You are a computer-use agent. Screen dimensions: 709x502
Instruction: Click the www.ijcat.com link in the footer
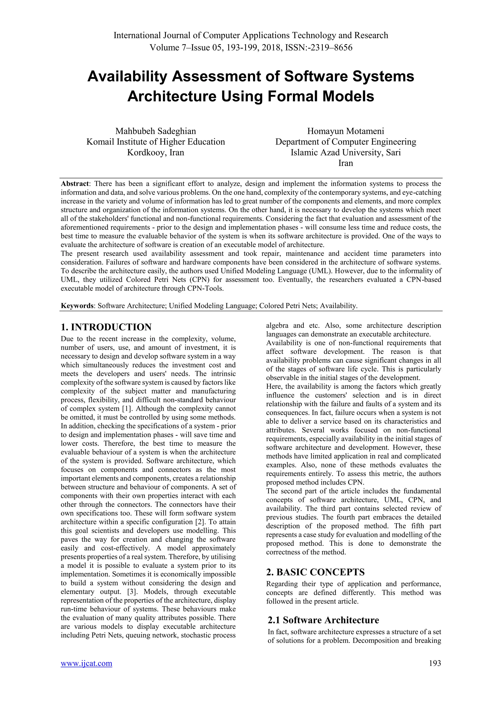click(x=86, y=663)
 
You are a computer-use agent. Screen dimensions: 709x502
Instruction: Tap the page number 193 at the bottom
click(x=435, y=663)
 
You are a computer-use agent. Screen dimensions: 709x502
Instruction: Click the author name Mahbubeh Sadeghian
click(x=155, y=131)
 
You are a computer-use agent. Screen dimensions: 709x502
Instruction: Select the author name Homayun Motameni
click(x=345, y=131)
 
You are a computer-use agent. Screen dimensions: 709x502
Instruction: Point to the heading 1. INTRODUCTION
click(x=106, y=327)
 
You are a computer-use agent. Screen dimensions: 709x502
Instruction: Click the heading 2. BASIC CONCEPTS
click(x=315, y=572)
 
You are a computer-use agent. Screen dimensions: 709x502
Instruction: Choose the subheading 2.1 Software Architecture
click(x=323, y=620)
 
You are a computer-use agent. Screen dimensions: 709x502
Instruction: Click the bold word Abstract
click(x=75, y=184)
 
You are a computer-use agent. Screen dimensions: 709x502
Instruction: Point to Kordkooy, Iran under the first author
click(x=155, y=152)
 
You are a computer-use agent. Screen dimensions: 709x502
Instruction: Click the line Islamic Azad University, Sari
click(x=345, y=152)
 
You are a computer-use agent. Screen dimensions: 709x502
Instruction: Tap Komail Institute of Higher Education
click(x=155, y=142)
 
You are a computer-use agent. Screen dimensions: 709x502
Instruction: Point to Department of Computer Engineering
click(x=345, y=142)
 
